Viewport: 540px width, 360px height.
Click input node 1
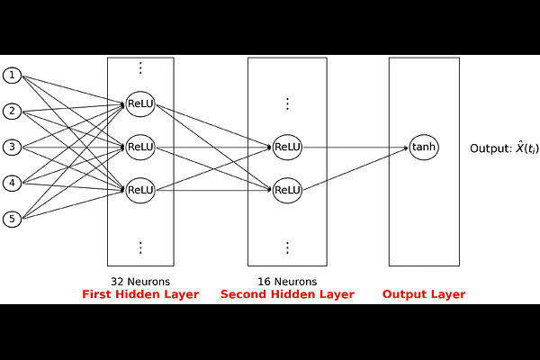click(x=12, y=76)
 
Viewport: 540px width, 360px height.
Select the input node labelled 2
click(x=12, y=112)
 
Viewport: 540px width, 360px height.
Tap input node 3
click(x=12, y=147)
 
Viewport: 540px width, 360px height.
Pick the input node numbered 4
click(x=12, y=183)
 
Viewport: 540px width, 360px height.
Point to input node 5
click(x=12, y=219)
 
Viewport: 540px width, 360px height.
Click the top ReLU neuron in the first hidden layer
click(x=140, y=103)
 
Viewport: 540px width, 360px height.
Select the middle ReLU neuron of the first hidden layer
click(x=140, y=147)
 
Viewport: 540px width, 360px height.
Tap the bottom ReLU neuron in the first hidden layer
click(x=140, y=190)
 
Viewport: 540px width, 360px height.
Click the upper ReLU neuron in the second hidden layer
click(x=287, y=147)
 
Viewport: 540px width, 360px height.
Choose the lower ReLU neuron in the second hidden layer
click(x=287, y=190)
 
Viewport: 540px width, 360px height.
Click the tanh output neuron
click(x=424, y=147)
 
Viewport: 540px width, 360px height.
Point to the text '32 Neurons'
click(x=140, y=282)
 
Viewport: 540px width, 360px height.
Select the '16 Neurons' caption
click(x=287, y=282)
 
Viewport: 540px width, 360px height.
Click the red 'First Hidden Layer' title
click(x=140, y=294)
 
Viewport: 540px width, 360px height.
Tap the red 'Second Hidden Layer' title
click(x=288, y=294)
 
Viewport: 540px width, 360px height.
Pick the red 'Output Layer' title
click(x=424, y=294)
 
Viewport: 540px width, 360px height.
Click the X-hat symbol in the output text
click(x=519, y=148)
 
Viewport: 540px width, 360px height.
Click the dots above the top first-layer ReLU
click(x=140, y=67)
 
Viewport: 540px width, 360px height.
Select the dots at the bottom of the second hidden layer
click(x=287, y=247)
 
